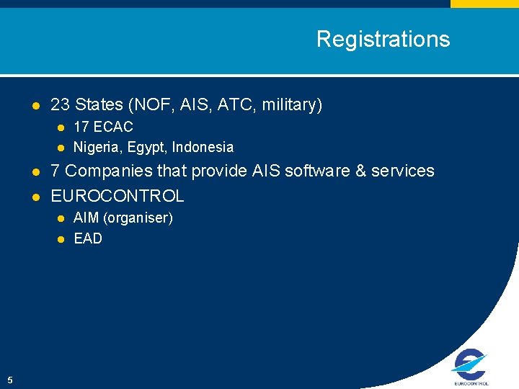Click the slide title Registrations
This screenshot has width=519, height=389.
pyautogui.click(x=383, y=39)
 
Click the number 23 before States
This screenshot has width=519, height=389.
pyautogui.click(x=60, y=105)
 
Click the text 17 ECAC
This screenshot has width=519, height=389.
pyautogui.click(x=103, y=127)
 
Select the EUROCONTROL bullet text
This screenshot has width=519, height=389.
pyautogui.click(x=117, y=196)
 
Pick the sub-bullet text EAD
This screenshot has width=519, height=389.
pyautogui.click(x=88, y=238)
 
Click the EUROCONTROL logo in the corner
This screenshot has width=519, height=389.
pyautogui.click(x=470, y=367)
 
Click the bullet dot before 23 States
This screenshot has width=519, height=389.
pyautogui.click(x=35, y=106)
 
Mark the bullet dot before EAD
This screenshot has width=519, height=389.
pyautogui.click(x=61, y=239)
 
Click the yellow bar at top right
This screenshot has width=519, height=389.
pyautogui.click(x=484, y=4)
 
